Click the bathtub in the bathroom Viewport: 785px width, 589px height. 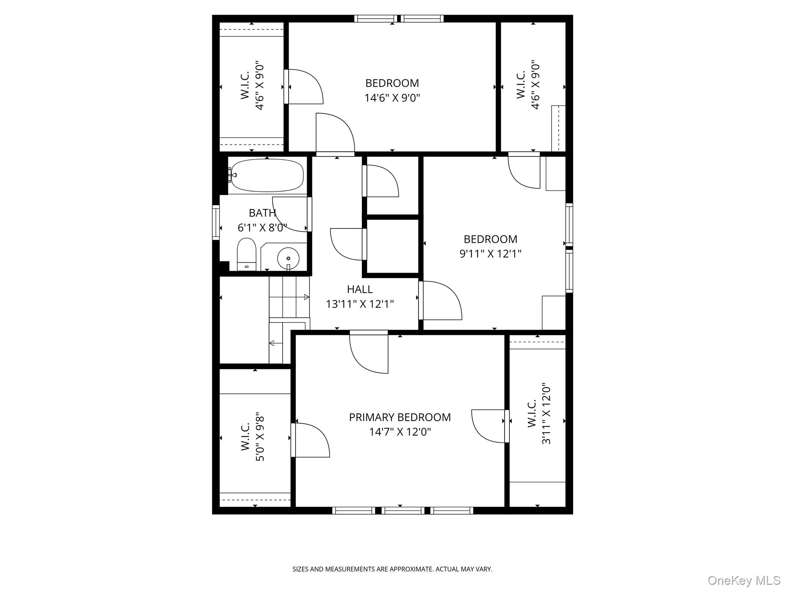(267, 175)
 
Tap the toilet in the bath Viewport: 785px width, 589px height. (246, 254)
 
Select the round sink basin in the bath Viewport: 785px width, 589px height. (288, 258)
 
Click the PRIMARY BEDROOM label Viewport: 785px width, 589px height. (399, 417)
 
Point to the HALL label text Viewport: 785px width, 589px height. (360, 289)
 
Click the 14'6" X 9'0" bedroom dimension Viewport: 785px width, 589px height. (392, 98)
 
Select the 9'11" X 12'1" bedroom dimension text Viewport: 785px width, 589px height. (490, 254)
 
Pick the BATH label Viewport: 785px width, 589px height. (262, 213)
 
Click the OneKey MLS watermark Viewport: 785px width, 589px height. (744, 580)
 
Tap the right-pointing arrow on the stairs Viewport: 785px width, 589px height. (306, 297)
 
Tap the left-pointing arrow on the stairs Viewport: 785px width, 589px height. (272, 343)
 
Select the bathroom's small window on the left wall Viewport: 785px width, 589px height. (216, 223)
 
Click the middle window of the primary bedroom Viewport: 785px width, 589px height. (402, 510)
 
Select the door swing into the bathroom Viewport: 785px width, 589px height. (290, 214)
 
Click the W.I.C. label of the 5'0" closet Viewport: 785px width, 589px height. (246, 436)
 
